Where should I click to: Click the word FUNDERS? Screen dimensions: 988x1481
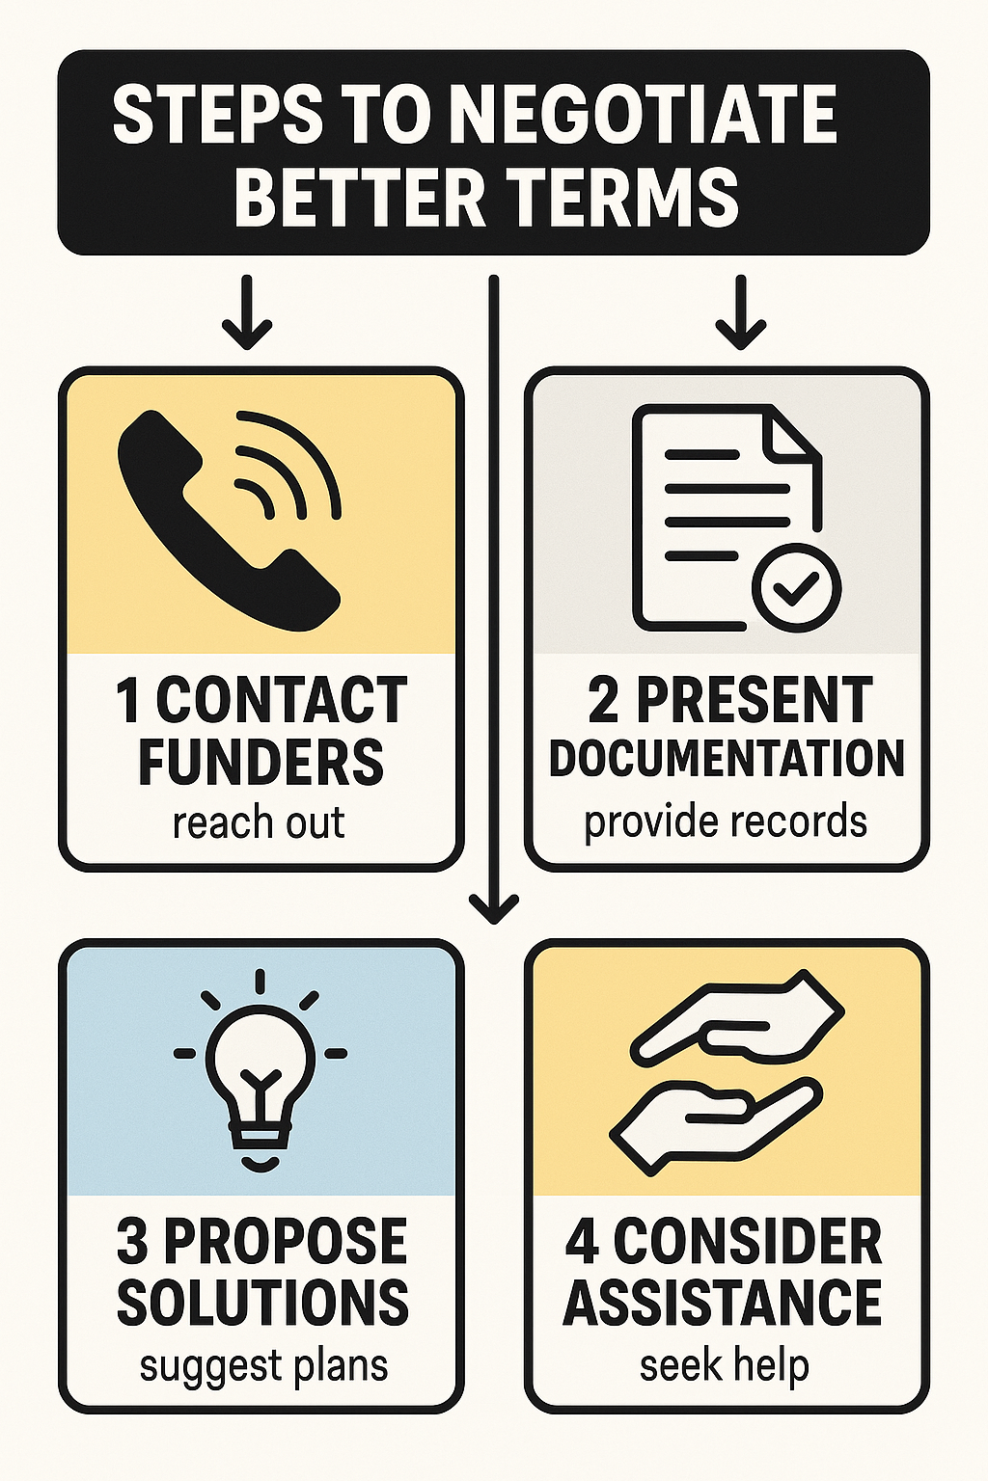pyautogui.click(x=261, y=761)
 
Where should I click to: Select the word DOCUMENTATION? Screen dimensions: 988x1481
pyautogui.click(x=727, y=759)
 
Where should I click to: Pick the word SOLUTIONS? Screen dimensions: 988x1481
pyautogui.click(x=262, y=1302)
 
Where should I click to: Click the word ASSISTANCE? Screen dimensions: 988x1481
pyautogui.click(x=723, y=1302)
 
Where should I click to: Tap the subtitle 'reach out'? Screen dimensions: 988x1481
pyautogui.click(x=259, y=823)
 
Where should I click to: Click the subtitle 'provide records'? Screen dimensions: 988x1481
pyautogui.click(x=726, y=821)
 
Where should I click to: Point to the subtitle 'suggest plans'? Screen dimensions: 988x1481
pyautogui.click(x=263, y=1366)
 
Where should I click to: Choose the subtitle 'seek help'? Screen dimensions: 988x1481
pyautogui.click(x=724, y=1365)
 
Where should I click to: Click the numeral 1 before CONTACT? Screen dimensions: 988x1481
pyautogui.click(x=128, y=701)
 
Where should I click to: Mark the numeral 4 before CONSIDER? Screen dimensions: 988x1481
pyautogui.click(x=583, y=1242)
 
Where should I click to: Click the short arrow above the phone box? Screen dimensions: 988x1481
pyautogui.click(x=247, y=313)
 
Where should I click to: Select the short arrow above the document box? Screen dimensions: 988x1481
pyautogui.click(x=740, y=313)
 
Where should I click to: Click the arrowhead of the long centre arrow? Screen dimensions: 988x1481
pyautogui.click(x=494, y=907)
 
